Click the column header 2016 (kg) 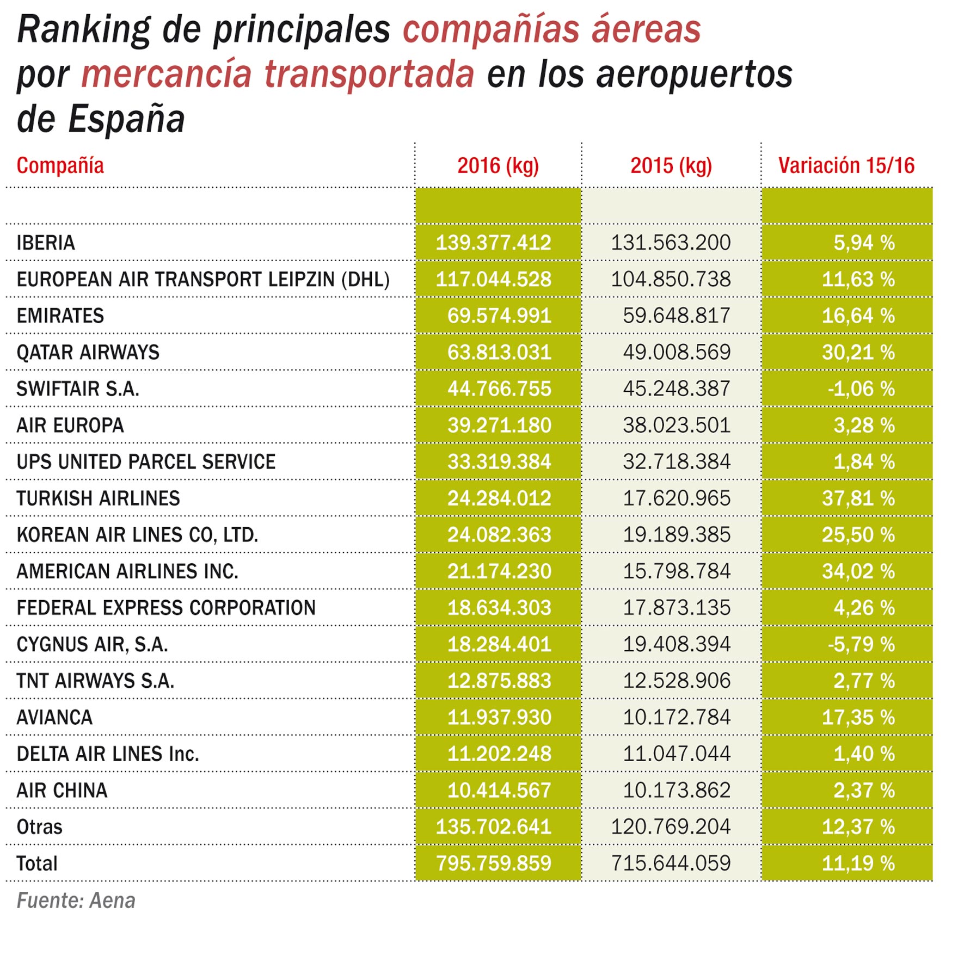498,165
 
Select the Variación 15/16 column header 846,165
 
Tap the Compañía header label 60,165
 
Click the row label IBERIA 46,243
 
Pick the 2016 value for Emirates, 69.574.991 499,316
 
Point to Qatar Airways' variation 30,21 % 858,353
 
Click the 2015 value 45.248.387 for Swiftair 676,389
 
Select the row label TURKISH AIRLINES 98,498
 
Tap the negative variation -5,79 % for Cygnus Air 861,644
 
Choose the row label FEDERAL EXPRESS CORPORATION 166,608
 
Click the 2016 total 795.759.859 494,863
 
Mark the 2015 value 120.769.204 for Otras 671,827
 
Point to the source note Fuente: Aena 76,901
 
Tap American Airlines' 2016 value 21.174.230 499,571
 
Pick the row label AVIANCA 54,717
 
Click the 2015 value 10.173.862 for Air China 676,790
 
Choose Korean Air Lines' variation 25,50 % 858,535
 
